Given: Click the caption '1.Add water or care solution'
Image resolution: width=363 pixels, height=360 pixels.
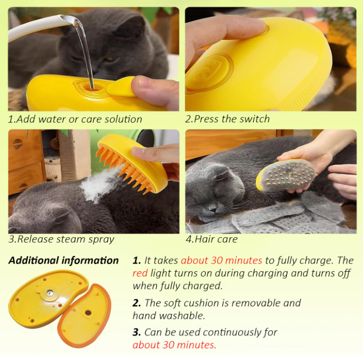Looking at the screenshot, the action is (x=75, y=119).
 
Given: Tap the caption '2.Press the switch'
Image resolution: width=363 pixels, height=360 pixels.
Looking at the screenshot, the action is (x=227, y=119).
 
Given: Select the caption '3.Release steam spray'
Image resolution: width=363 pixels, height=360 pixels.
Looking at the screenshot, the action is (x=62, y=239).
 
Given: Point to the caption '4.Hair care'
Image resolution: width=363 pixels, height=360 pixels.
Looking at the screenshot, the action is (x=211, y=239).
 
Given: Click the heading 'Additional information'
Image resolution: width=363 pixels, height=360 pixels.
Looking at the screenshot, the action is (x=64, y=260).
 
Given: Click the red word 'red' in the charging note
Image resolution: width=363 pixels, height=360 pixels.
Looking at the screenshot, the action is (x=140, y=273).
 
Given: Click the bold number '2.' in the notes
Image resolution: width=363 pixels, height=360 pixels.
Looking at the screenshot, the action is (x=137, y=303).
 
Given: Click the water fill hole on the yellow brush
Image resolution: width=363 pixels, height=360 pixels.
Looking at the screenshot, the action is (x=93, y=88).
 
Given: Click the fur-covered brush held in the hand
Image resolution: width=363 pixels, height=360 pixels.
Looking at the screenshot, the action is (x=286, y=175).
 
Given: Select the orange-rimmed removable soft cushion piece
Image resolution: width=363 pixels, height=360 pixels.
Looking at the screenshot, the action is (x=84, y=315).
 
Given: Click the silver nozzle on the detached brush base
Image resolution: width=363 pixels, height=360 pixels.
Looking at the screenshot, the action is (x=50, y=293).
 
